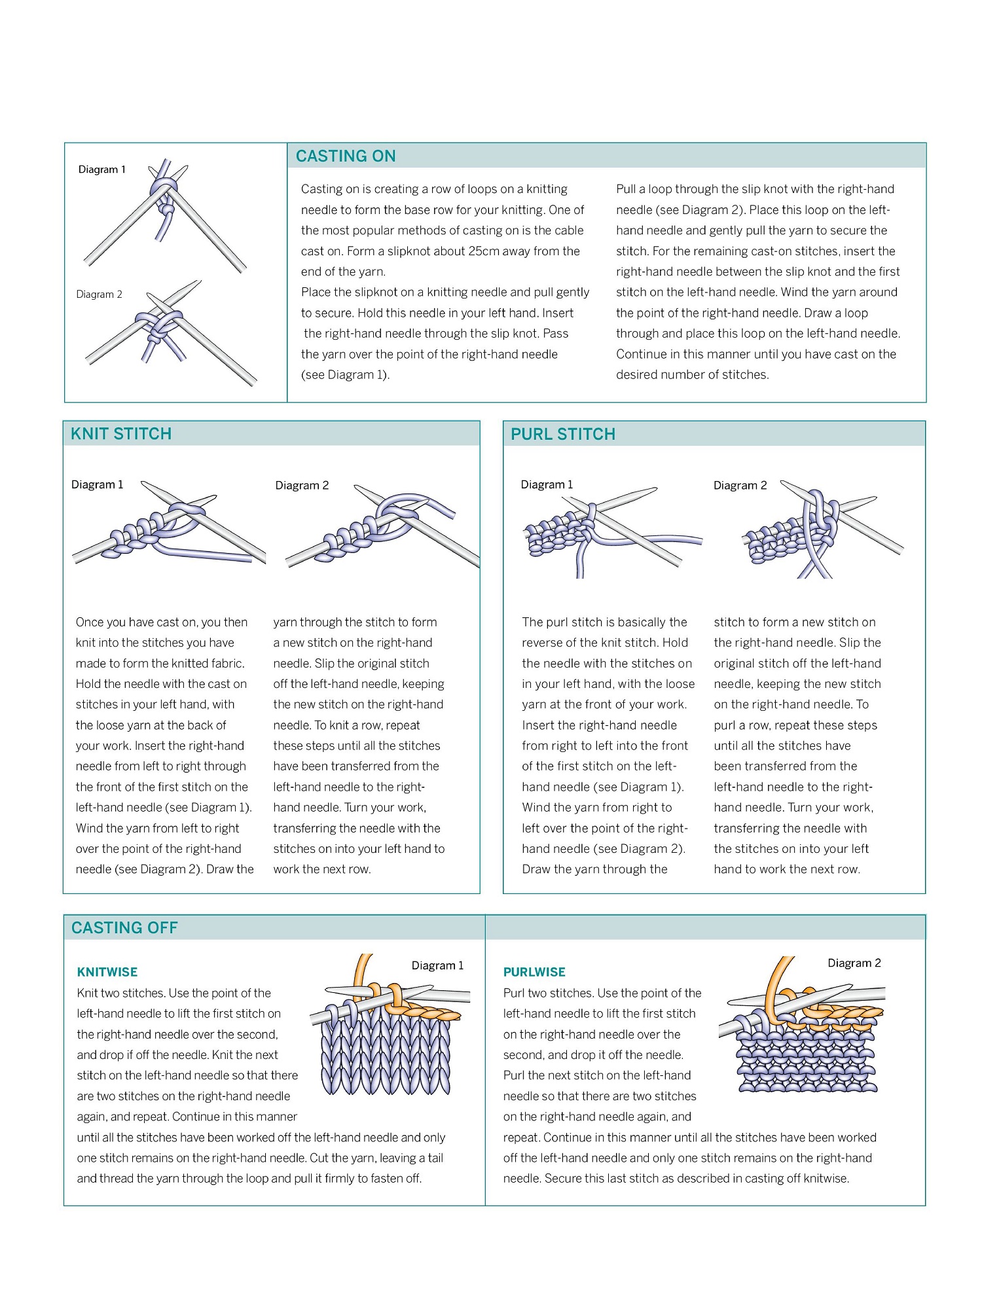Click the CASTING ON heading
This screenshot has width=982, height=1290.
coord(346,156)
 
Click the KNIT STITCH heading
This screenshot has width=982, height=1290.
coord(121,434)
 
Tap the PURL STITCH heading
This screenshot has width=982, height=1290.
coord(563,435)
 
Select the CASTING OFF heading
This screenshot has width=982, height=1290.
coord(124,928)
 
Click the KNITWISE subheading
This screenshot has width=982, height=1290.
coord(107,973)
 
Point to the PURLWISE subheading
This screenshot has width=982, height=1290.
coord(534,973)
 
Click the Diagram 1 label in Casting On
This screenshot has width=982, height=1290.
coord(102,170)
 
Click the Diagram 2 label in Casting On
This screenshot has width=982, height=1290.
coord(100,295)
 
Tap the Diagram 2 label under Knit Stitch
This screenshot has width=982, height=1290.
coord(302,486)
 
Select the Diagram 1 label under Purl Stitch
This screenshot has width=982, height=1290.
coord(547,485)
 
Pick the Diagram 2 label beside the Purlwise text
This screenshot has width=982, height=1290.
coord(854,963)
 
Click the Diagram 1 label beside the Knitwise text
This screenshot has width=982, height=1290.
coord(437,966)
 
